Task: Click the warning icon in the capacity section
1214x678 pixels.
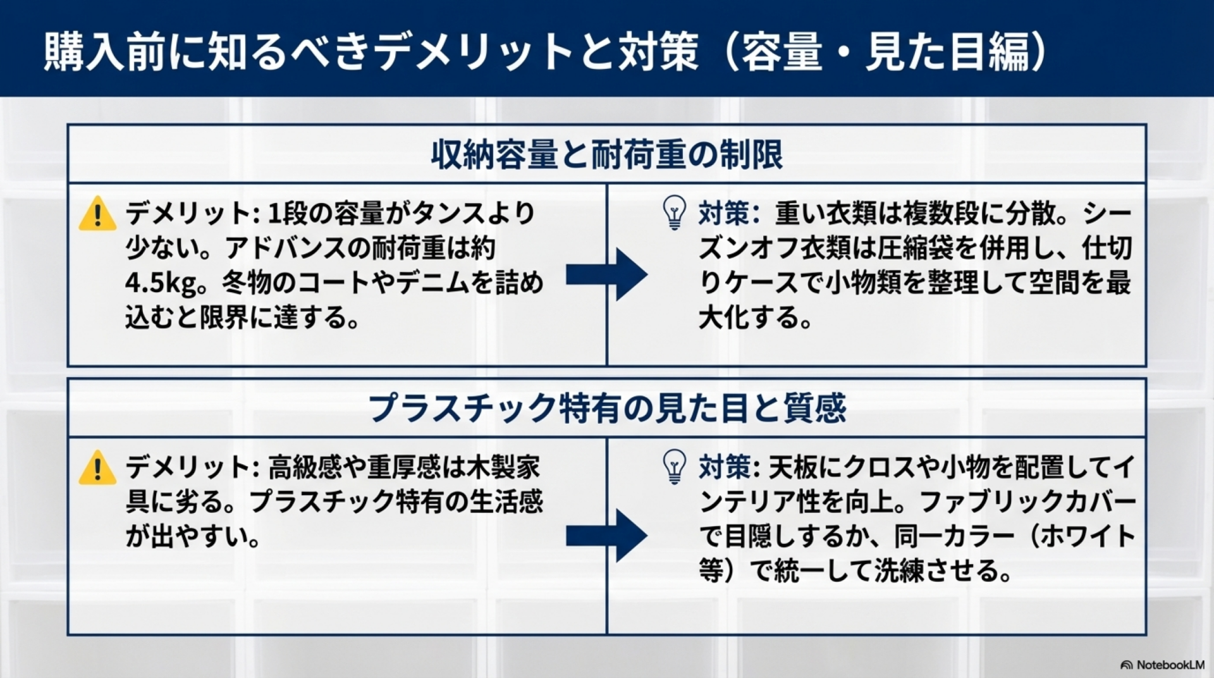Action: point(97,214)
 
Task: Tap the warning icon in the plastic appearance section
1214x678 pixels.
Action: point(97,468)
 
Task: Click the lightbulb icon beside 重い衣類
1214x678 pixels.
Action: point(674,213)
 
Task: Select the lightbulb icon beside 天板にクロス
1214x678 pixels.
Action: point(674,467)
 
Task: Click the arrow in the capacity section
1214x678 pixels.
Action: point(606,274)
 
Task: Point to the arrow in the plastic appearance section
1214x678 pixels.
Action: point(606,536)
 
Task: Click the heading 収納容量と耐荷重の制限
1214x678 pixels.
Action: point(607,154)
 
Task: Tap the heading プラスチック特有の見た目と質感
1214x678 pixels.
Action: point(607,408)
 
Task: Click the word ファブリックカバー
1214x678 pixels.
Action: point(1027,502)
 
